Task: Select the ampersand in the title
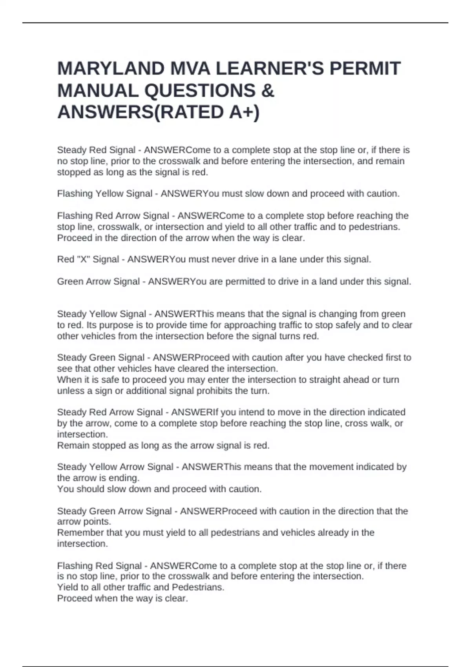267,91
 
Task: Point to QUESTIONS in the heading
200,91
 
